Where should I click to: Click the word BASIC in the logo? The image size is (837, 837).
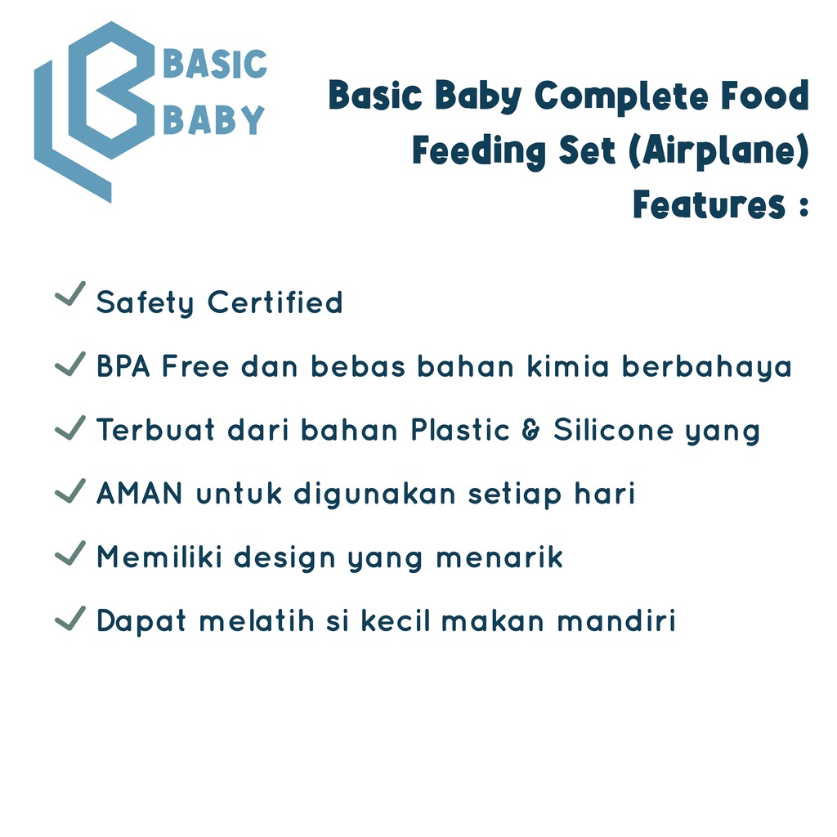(215, 64)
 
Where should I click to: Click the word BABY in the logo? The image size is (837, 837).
(213, 119)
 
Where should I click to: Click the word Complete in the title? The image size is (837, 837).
(622, 96)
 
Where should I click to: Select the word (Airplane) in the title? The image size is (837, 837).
(719, 151)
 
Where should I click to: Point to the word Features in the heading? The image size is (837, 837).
(709, 204)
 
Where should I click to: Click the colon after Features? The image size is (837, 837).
(804, 207)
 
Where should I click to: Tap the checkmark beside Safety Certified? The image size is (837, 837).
(70, 293)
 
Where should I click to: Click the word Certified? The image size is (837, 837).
(275, 302)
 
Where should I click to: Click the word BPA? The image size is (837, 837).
(123, 366)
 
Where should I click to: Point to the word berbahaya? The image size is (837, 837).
(707, 368)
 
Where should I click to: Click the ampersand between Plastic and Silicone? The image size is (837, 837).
(530, 430)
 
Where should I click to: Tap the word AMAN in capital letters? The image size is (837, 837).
(140, 493)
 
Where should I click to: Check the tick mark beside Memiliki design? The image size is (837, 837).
(70, 553)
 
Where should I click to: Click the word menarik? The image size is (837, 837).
(499, 557)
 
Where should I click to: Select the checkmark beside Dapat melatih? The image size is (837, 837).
(70, 618)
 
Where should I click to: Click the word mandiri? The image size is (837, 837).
(616, 621)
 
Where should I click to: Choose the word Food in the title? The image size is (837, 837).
(765, 96)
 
